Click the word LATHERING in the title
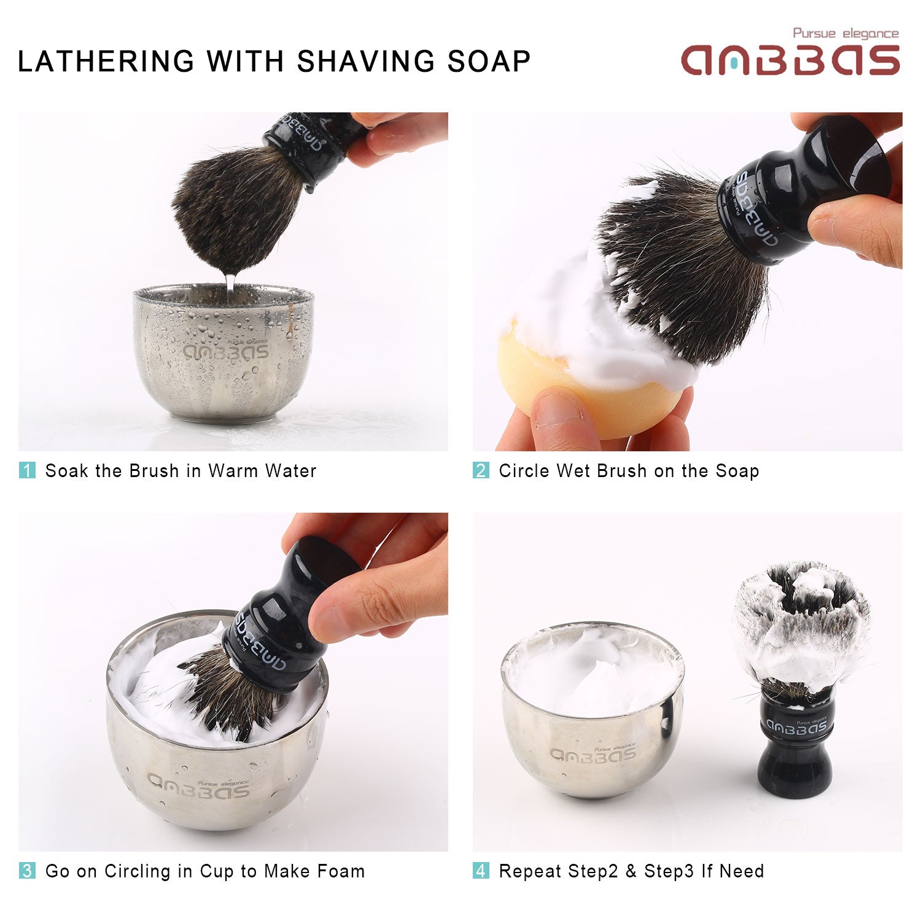(106, 61)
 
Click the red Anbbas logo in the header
(791, 60)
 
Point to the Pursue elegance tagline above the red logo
(846, 33)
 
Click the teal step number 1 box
(27, 470)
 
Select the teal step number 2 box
(481, 470)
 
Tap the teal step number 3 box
(27, 871)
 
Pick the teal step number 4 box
(481, 871)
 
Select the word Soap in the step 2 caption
(737, 471)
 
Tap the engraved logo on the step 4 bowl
(593, 753)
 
